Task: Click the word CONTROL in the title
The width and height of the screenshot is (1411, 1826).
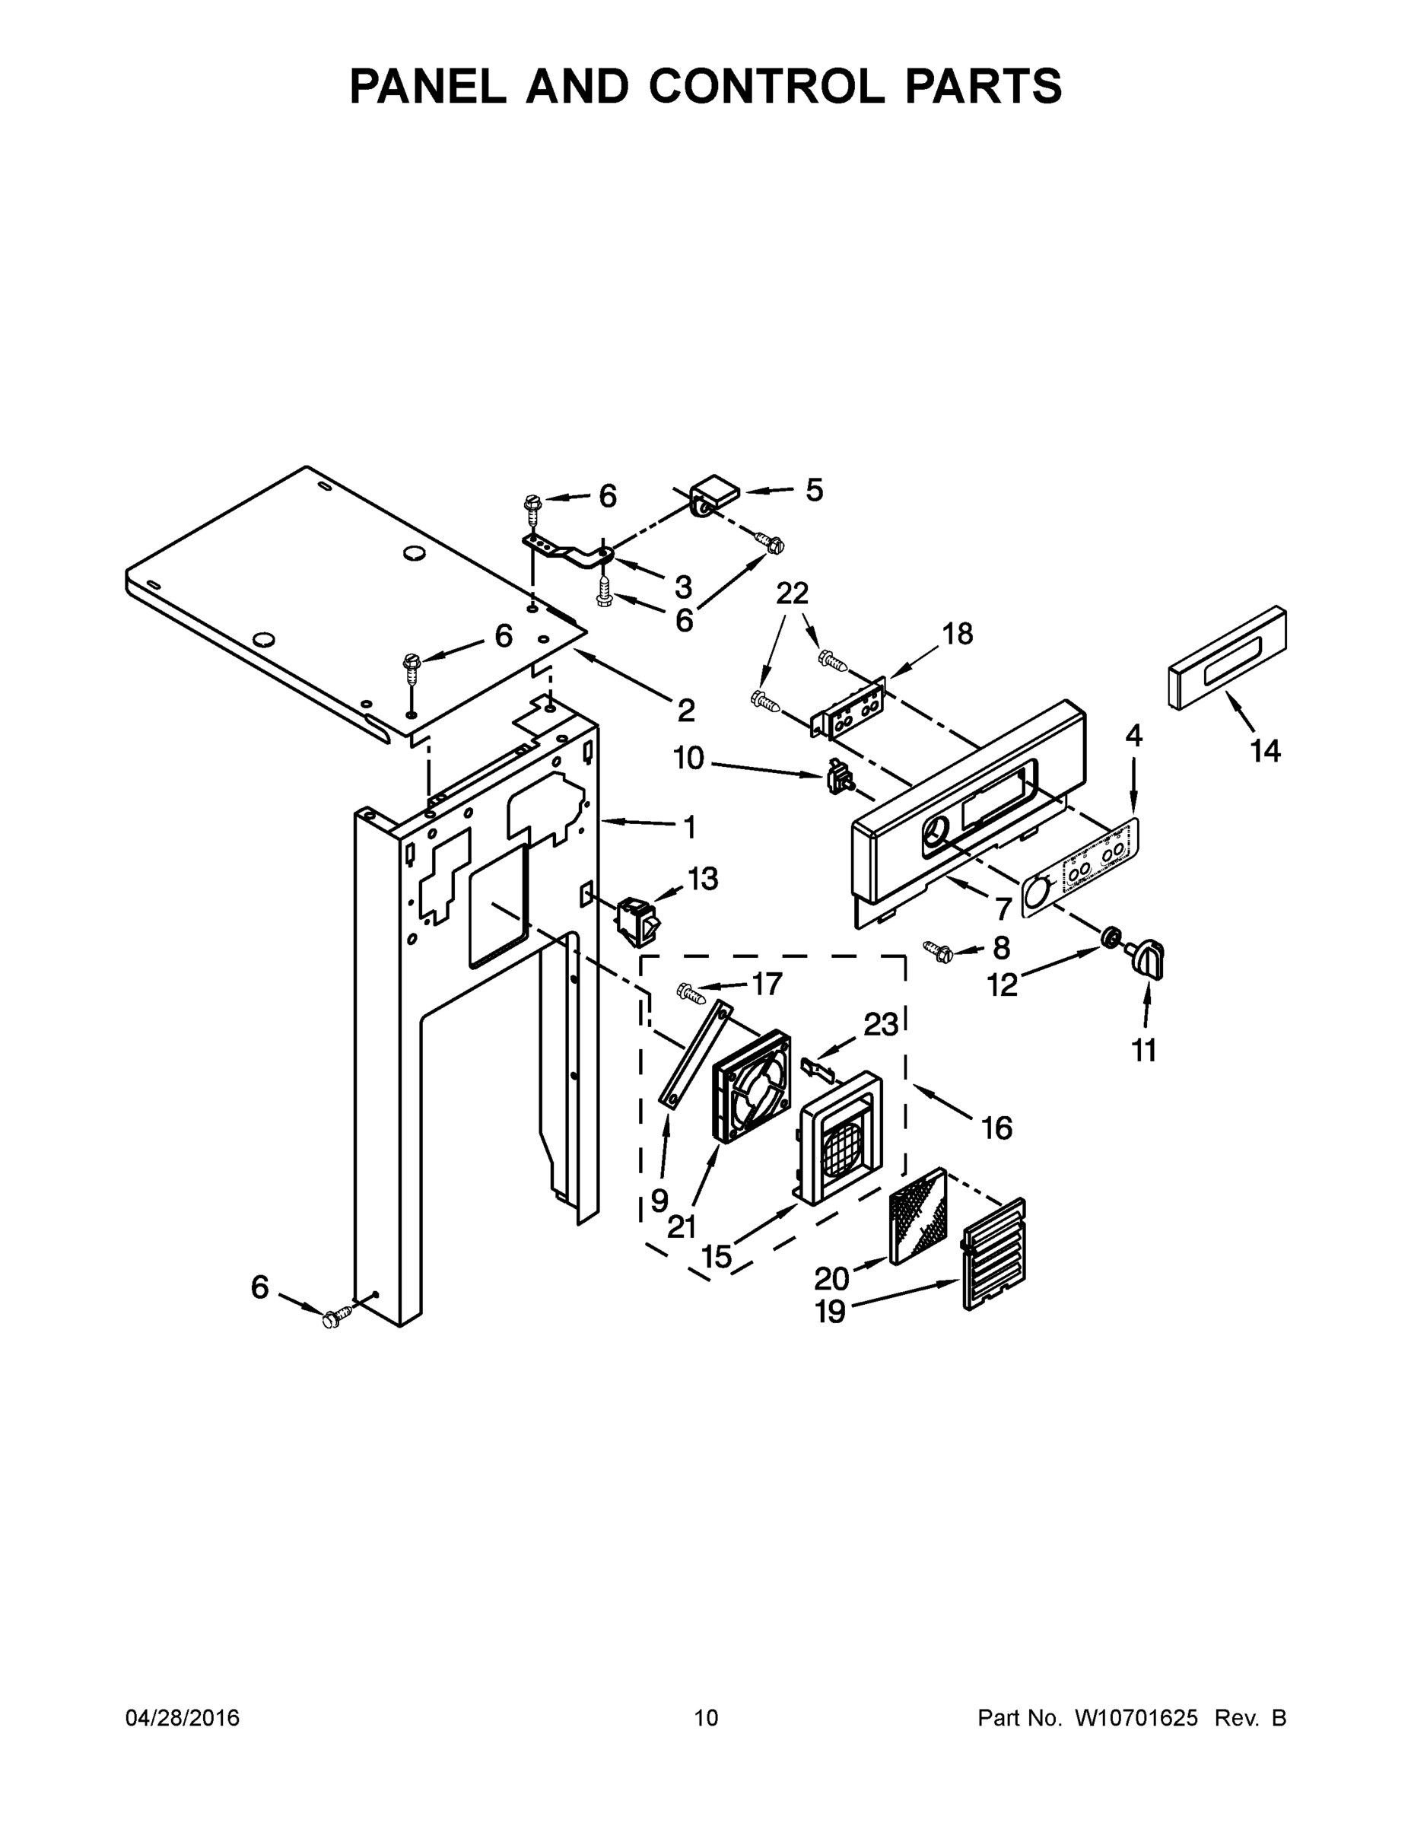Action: (767, 86)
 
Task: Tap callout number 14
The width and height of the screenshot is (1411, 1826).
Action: (1265, 751)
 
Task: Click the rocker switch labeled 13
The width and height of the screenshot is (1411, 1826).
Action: (637, 920)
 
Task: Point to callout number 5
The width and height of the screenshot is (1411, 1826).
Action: (813, 490)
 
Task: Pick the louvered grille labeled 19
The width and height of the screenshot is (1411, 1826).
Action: (994, 1253)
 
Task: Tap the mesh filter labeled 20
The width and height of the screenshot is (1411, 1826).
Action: (919, 1215)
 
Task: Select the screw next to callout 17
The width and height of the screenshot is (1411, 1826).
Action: (691, 992)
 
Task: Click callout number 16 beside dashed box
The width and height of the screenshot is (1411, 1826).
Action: (996, 1128)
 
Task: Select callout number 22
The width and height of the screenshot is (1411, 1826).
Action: (792, 593)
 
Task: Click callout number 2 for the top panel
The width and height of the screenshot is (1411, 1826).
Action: (685, 711)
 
